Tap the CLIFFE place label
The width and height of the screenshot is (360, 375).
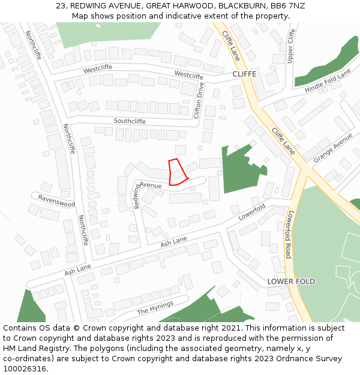click(x=244, y=74)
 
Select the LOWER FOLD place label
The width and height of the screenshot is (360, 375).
click(x=291, y=281)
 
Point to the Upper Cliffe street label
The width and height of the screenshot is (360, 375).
click(x=292, y=46)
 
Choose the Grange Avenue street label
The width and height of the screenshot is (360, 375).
click(x=333, y=148)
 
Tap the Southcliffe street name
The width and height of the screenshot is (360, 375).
click(x=130, y=121)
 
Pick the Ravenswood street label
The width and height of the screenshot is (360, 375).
click(x=57, y=200)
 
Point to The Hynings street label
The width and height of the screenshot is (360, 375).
click(x=155, y=308)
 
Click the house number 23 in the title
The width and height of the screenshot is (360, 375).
click(x=61, y=5)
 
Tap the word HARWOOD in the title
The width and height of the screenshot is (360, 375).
click(x=182, y=5)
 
